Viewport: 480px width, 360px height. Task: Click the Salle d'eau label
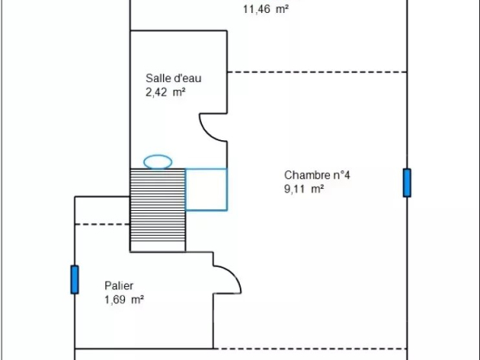(x=174, y=78)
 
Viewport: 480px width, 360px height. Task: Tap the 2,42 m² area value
(x=165, y=92)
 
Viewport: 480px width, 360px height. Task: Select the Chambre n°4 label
(x=317, y=175)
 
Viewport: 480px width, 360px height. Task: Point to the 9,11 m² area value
(x=304, y=189)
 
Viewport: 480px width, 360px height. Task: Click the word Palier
(x=118, y=285)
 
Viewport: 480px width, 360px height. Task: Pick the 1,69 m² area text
(x=124, y=299)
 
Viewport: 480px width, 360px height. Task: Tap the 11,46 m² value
(x=266, y=9)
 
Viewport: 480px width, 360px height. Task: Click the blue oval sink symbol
(x=157, y=162)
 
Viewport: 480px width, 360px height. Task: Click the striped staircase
(x=157, y=210)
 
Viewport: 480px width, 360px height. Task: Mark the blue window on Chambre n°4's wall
(x=407, y=182)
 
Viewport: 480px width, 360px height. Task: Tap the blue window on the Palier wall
(x=75, y=280)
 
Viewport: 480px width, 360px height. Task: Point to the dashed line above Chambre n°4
(x=317, y=72)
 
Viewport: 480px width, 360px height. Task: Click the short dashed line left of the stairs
(x=102, y=225)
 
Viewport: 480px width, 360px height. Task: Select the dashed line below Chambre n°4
(x=310, y=349)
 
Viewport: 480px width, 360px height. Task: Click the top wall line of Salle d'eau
(x=178, y=31)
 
